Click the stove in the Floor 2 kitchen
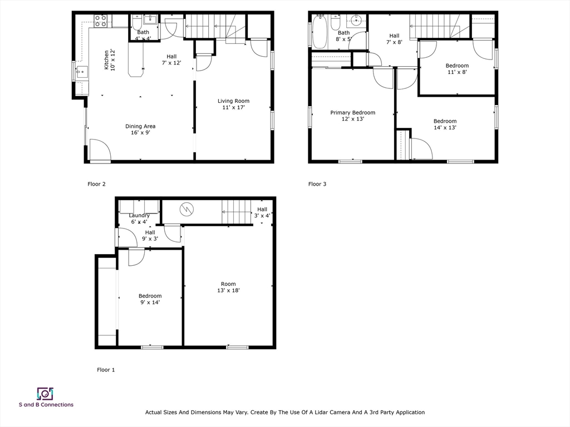pyautogui.click(x=100, y=21)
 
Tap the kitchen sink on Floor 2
pyautogui.click(x=81, y=71)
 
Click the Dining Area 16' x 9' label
pyautogui.click(x=140, y=129)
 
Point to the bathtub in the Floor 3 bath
pyautogui.click(x=321, y=32)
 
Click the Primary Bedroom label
pyautogui.click(x=352, y=116)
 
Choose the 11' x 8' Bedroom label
pyautogui.click(x=457, y=68)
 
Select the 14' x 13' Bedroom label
pyautogui.click(x=445, y=124)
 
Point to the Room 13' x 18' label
pyautogui.click(x=228, y=287)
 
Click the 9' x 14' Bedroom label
pyautogui.click(x=150, y=299)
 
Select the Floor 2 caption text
pyautogui.click(x=96, y=184)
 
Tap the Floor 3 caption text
pyautogui.click(x=317, y=184)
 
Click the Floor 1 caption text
pyautogui.click(x=106, y=370)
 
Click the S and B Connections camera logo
pyautogui.click(x=45, y=394)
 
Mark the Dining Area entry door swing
pyautogui.click(x=99, y=149)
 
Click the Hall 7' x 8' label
pyautogui.click(x=394, y=39)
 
